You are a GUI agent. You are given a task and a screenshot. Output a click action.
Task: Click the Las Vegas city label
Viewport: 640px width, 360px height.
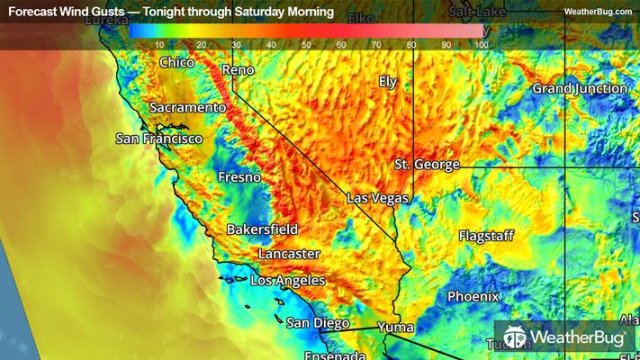(x=379, y=198)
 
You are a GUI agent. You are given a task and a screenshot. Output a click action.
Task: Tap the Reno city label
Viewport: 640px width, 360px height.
(x=238, y=69)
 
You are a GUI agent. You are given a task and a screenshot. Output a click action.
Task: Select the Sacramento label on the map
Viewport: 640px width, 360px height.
(x=187, y=107)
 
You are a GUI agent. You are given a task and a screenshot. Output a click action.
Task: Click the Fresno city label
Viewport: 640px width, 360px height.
(x=239, y=177)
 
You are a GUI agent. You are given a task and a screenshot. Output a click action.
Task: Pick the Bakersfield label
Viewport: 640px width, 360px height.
(x=262, y=229)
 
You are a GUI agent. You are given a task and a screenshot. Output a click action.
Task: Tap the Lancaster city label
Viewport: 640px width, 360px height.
(x=288, y=254)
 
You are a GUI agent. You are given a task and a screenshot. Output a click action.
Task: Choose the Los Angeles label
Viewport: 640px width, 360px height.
(x=287, y=281)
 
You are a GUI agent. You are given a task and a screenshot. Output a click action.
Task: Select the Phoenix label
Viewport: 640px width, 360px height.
(x=473, y=296)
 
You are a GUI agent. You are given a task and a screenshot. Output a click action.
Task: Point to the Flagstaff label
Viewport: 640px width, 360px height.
(x=486, y=236)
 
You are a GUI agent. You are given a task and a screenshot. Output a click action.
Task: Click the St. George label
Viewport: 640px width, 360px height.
(x=427, y=165)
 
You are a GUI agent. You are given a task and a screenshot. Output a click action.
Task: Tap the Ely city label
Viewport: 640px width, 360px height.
(x=388, y=81)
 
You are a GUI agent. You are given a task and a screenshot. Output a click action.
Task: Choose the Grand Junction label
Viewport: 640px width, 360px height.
(x=580, y=88)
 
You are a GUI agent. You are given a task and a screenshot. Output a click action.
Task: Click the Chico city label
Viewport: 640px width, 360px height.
(x=176, y=63)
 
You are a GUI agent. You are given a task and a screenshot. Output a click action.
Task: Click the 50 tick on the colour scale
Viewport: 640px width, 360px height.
(x=306, y=44)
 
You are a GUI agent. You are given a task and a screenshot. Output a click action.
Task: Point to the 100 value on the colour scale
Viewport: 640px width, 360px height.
(x=481, y=44)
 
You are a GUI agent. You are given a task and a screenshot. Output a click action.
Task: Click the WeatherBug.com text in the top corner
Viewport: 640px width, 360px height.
(x=598, y=12)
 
